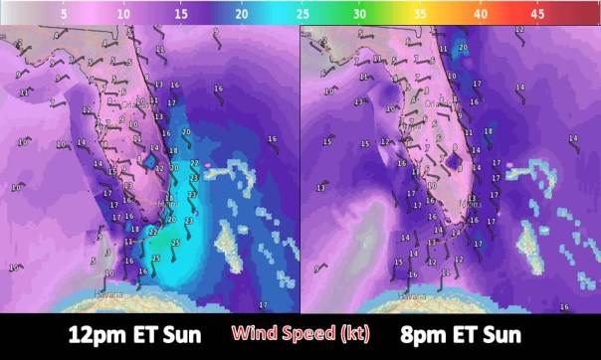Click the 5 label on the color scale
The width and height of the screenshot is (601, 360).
tap(64, 17)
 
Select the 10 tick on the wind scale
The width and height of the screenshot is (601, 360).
tap(122, 17)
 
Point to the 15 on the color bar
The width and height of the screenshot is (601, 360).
tap(182, 17)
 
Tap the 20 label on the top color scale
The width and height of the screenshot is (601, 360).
tap(242, 17)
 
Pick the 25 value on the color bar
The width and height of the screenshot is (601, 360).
tap(302, 17)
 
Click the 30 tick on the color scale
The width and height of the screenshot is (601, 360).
tap(362, 17)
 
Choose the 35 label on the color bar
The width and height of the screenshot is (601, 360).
tap(422, 17)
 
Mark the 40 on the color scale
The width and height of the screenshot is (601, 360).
tap(482, 17)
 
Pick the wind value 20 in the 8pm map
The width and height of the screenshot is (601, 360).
tap(464, 48)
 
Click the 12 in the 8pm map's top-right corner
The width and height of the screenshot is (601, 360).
tap(519, 30)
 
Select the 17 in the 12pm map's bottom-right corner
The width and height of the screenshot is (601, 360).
tap(263, 303)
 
